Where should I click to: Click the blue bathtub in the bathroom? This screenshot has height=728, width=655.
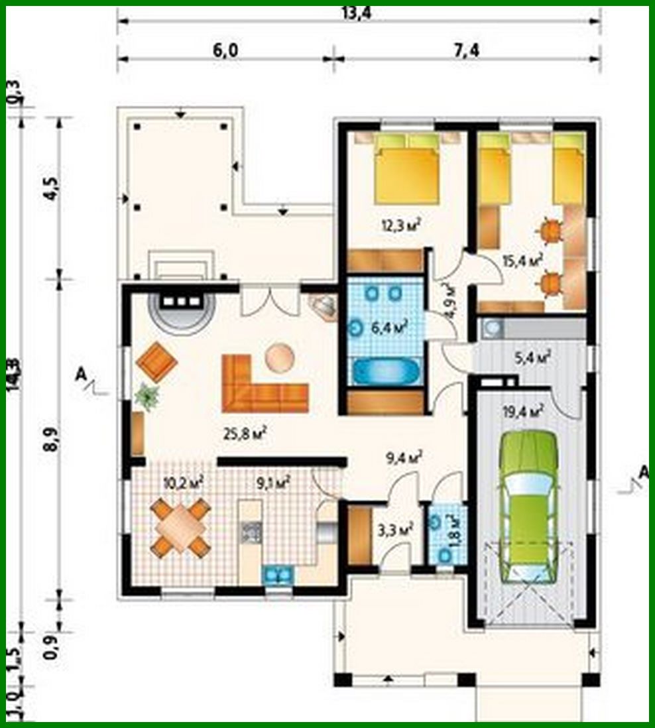[x=385, y=371]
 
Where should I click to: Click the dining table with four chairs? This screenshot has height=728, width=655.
[x=180, y=528]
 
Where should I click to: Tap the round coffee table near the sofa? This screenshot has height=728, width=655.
[x=279, y=358]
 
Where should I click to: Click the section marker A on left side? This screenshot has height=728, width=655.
[x=82, y=376]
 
